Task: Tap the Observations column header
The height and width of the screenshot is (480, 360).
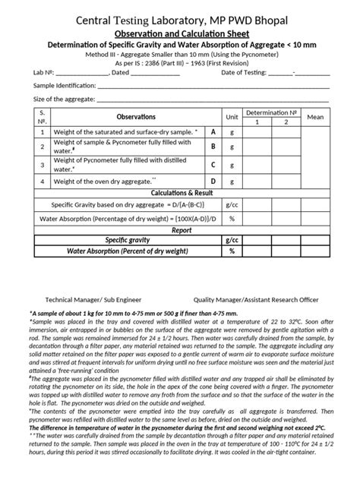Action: (x=136, y=117)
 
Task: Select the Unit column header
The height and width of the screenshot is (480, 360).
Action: (x=232, y=117)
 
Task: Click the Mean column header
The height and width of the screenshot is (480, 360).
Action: (x=315, y=117)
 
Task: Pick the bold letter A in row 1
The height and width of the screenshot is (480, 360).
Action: (x=213, y=132)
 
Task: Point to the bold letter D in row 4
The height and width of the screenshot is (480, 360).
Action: (x=213, y=182)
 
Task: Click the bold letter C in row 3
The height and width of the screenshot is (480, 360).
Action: (x=213, y=165)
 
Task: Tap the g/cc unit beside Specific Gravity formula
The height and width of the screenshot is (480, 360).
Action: (x=232, y=205)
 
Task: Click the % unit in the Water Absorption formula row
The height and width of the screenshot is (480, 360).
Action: (x=232, y=218)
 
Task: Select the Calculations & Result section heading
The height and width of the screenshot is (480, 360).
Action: (x=180, y=193)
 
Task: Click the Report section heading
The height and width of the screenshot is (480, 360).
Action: (x=181, y=229)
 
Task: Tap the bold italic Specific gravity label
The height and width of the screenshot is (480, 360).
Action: (x=126, y=240)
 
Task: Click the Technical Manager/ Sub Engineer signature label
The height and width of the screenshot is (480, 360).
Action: (x=93, y=300)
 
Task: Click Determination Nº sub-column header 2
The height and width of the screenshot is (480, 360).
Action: (x=286, y=122)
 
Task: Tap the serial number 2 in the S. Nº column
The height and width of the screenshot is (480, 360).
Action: (x=43, y=148)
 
